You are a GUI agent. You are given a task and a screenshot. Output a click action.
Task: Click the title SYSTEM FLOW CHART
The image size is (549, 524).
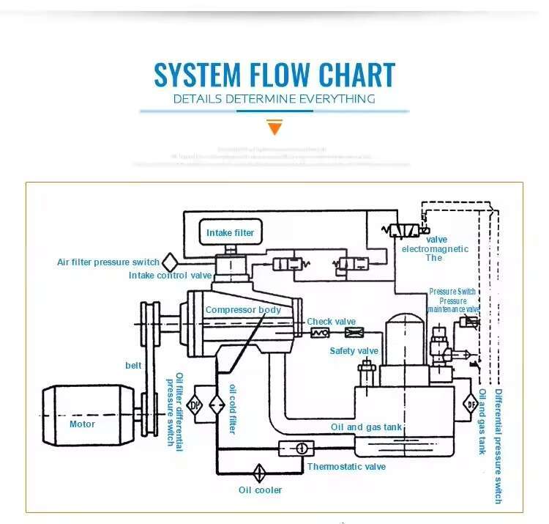tap(274, 75)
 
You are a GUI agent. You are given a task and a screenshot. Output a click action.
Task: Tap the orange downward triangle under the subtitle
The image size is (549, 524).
tap(274, 128)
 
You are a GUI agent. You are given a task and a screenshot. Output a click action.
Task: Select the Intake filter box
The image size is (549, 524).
tap(230, 232)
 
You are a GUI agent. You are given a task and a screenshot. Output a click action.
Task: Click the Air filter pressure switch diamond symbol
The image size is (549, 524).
tap(171, 262)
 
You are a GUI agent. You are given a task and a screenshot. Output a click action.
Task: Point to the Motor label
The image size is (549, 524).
tap(82, 424)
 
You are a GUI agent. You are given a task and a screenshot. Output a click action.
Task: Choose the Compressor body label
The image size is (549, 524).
tap(243, 310)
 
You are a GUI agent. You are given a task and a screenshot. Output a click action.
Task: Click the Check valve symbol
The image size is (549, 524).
tap(319, 333)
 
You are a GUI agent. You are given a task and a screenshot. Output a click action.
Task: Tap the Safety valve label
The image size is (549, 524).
tap(354, 351)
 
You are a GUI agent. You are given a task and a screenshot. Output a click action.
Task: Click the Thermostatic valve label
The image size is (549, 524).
tap(346, 467)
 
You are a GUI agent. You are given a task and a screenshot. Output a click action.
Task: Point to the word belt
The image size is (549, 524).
tap(133, 365)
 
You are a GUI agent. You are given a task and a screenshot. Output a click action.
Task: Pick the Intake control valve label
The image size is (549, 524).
tap(170, 276)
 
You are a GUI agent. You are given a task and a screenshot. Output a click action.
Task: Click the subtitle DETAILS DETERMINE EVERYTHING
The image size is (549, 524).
tap(274, 99)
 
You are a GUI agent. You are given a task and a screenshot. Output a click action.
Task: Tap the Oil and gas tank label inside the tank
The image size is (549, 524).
tap(367, 427)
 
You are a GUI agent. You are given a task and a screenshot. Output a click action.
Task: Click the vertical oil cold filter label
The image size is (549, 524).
tap(233, 408)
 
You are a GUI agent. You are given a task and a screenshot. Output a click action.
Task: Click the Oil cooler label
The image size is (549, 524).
tap(260, 490)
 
